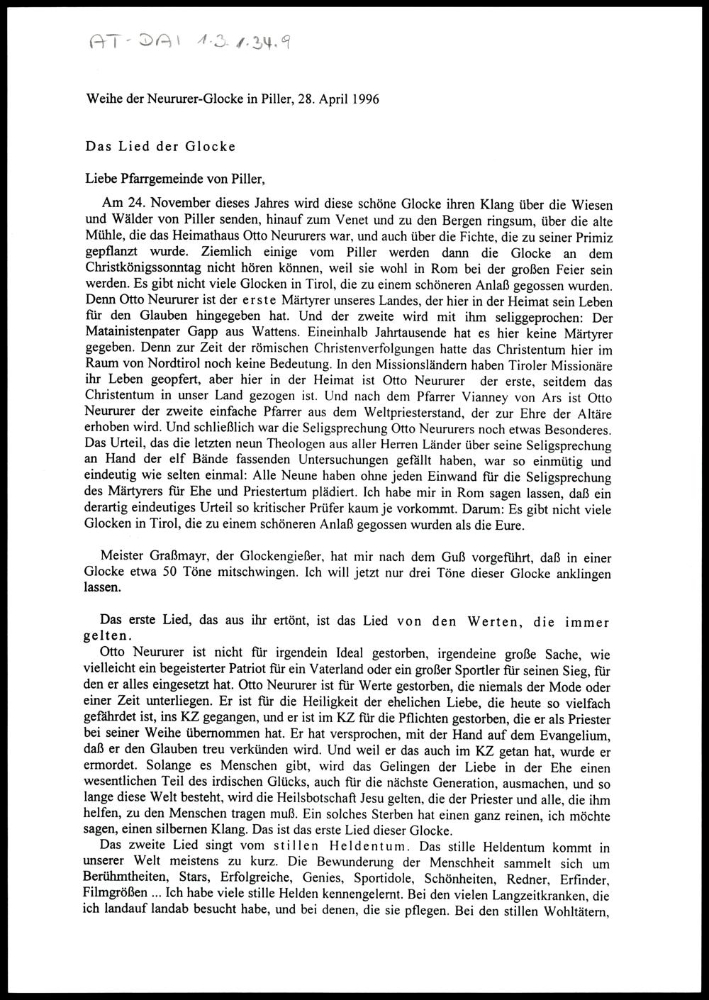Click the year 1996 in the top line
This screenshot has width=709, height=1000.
364,99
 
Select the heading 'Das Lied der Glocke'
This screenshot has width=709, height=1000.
160,147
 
